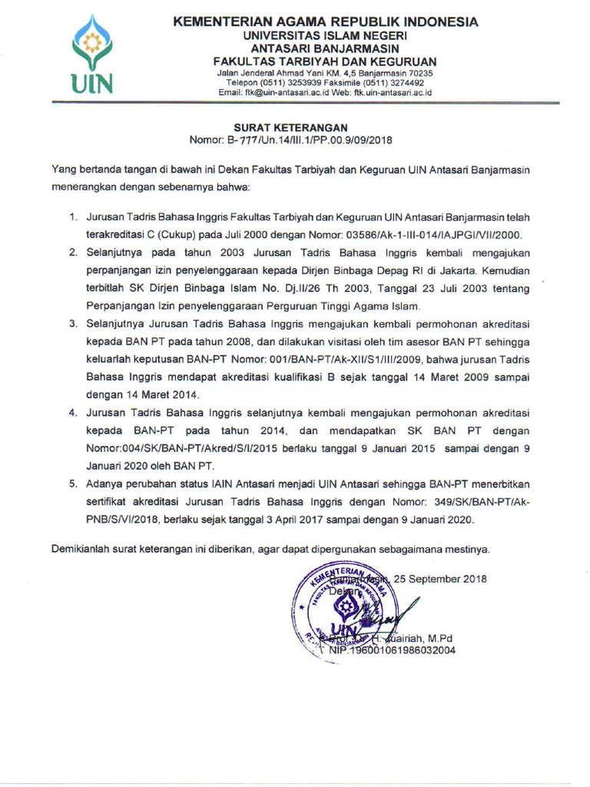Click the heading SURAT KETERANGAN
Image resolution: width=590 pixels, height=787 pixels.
tap(290, 128)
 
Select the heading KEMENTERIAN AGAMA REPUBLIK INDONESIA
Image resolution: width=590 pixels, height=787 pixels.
tap(325, 22)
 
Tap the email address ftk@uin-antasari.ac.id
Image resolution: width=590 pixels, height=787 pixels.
tap(273, 91)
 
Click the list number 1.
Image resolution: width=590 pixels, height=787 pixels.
tap(75, 218)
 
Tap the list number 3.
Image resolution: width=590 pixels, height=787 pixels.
tap(75, 324)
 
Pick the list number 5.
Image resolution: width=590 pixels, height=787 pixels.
tap(75, 484)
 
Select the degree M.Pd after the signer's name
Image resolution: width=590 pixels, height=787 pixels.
tap(442, 637)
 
